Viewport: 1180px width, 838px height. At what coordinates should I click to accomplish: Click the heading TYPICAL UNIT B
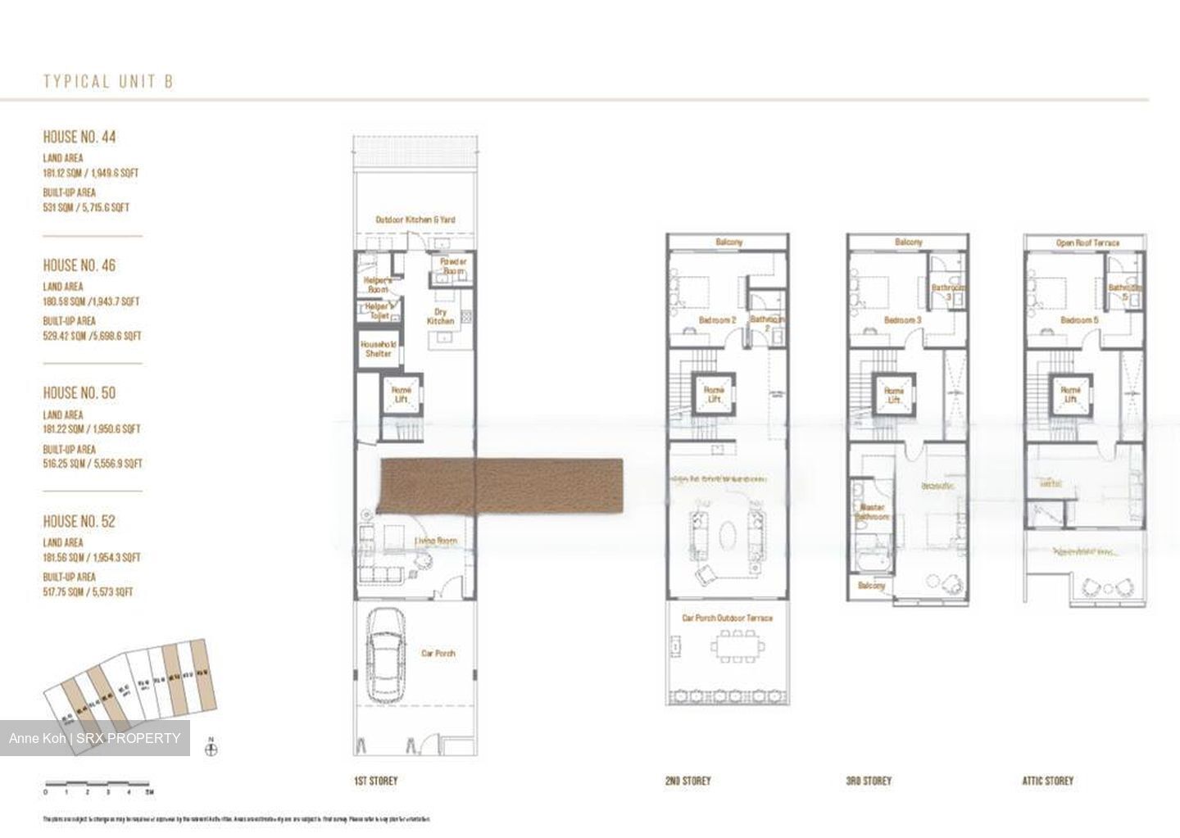click(x=108, y=81)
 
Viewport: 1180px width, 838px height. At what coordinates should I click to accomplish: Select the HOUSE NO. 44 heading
click(x=79, y=137)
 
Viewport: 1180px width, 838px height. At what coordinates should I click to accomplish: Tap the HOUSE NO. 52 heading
click(x=79, y=521)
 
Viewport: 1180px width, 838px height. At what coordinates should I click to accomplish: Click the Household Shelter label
click(x=378, y=349)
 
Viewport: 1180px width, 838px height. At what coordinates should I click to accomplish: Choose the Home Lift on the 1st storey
click(x=401, y=394)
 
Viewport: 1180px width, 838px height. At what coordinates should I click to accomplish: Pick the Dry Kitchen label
click(x=440, y=316)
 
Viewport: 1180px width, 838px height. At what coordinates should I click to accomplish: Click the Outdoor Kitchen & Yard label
click(x=415, y=220)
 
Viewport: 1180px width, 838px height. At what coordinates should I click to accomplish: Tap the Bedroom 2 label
click(x=717, y=319)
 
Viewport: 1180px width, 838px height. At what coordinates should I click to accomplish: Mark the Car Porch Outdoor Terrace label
click(x=727, y=618)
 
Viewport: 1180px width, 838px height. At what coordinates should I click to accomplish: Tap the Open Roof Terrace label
click(x=1087, y=242)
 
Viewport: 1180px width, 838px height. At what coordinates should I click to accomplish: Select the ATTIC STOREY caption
click(x=1047, y=781)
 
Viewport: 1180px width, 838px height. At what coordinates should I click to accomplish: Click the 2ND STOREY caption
click(x=688, y=781)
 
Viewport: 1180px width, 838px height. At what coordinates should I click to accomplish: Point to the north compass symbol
click(x=211, y=746)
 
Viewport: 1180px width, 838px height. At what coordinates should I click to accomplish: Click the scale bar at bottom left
click(x=98, y=784)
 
